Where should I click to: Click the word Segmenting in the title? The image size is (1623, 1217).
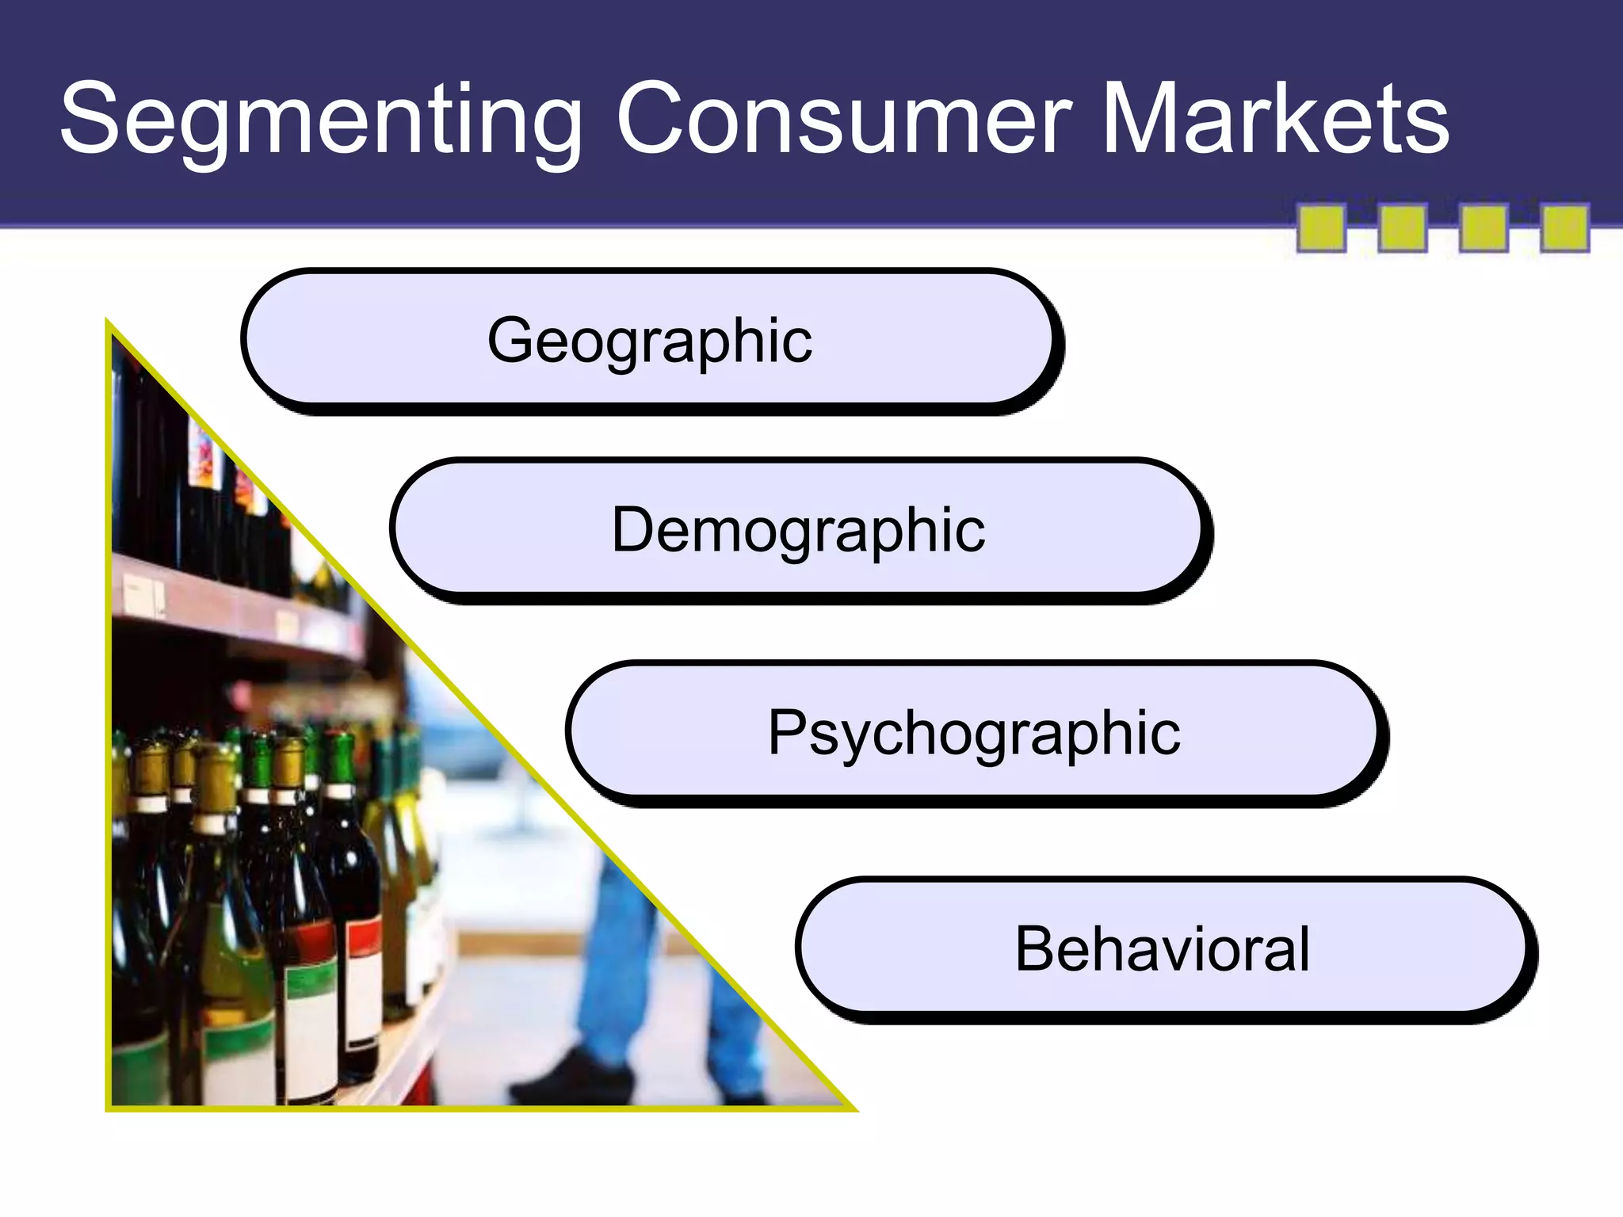[x=321, y=120]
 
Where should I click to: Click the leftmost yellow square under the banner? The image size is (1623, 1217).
[x=1321, y=228]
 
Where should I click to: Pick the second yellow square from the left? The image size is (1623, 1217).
[x=1403, y=228]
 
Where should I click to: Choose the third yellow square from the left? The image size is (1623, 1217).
[x=1484, y=228]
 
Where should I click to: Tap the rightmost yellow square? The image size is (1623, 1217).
[x=1564, y=228]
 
